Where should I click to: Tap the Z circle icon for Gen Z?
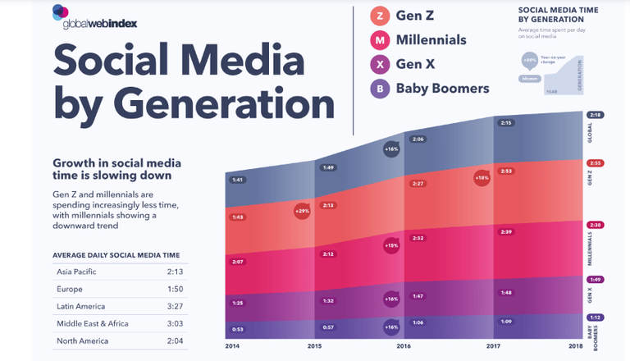pos(379,16)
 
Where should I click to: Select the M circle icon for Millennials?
pos(379,40)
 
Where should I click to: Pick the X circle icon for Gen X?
pos(379,64)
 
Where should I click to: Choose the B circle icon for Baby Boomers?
pos(379,88)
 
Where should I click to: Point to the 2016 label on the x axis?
pos(404,346)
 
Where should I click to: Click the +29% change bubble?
pos(301,210)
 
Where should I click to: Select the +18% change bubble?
pos(481,177)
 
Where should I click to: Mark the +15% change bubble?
pos(391,245)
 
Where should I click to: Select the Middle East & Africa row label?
pos(93,322)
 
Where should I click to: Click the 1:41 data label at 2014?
pos(238,180)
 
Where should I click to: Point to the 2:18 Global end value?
pos(596,116)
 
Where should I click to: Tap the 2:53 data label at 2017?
pos(506,171)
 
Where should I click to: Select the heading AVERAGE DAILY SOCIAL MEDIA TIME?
pos(116,255)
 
